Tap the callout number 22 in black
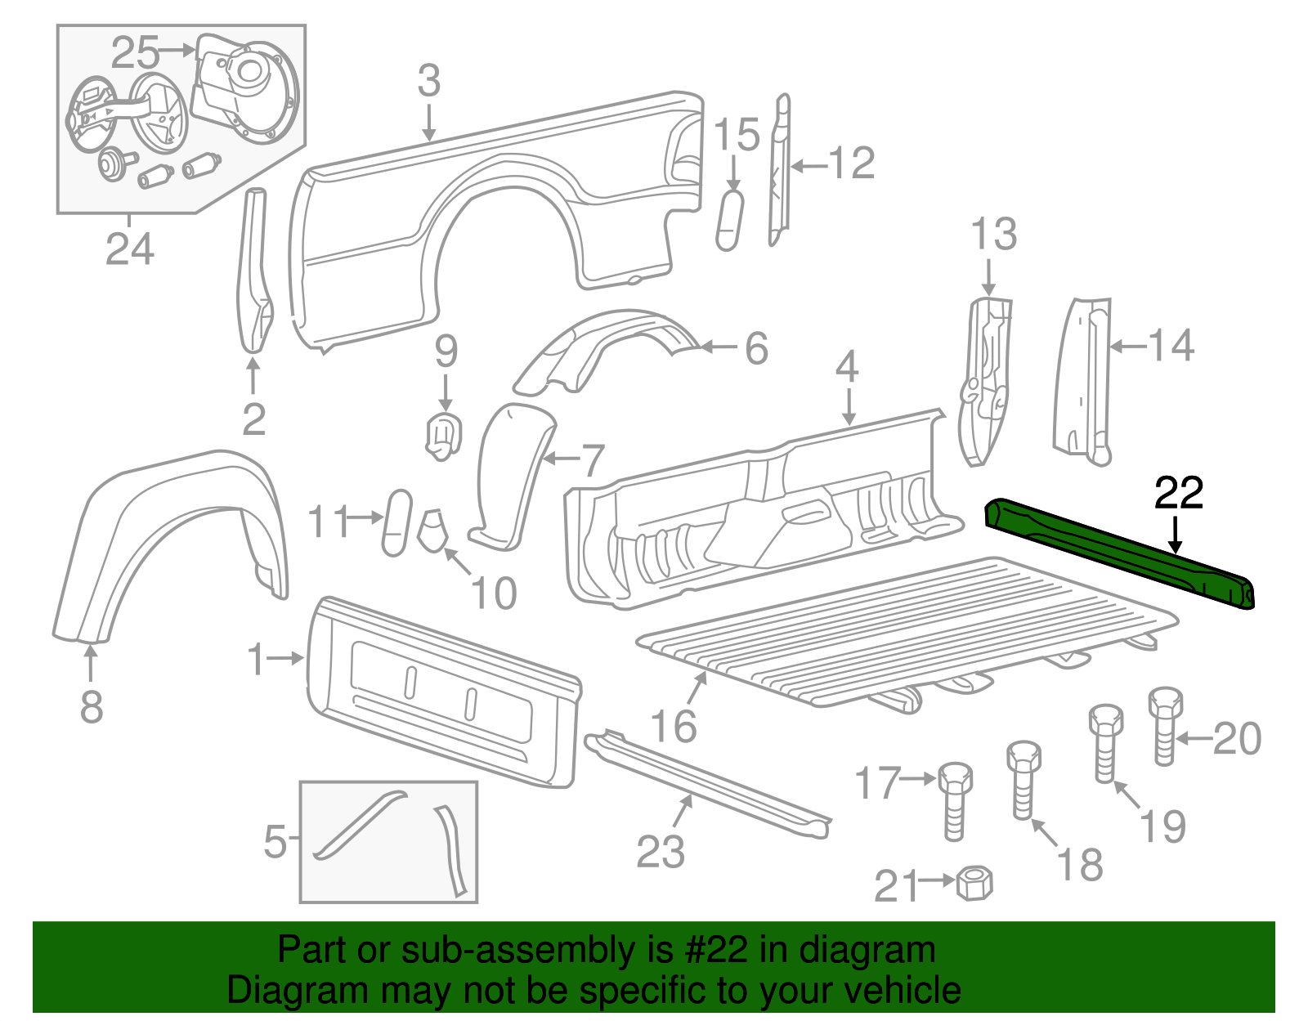click(1178, 493)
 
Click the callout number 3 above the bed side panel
click(429, 82)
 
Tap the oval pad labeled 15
click(729, 220)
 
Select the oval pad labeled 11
click(397, 523)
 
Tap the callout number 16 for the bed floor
click(674, 726)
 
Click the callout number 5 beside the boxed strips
click(275, 841)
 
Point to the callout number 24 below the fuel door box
click(129, 249)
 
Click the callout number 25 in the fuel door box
click(135, 53)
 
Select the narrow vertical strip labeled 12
click(780, 172)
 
